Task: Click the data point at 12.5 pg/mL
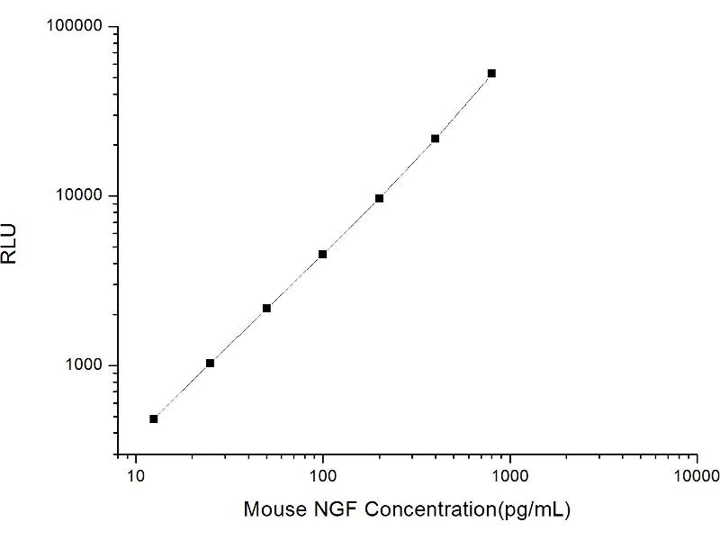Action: pyautogui.click(x=154, y=418)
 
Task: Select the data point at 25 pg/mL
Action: pyautogui.click(x=211, y=363)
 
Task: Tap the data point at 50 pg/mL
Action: pyautogui.click(x=266, y=308)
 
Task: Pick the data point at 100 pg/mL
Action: pyautogui.click(x=322, y=254)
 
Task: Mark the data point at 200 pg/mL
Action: pyautogui.click(x=379, y=198)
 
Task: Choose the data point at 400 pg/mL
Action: pyautogui.click(x=436, y=139)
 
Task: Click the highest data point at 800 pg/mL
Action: pyautogui.click(x=491, y=73)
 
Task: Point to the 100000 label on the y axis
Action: pyautogui.click(x=75, y=27)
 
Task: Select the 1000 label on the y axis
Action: pyautogui.click(x=84, y=365)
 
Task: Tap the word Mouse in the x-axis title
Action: pyautogui.click(x=270, y=509)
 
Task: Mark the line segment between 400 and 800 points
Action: pyautogui.click(x=463, y=106)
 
